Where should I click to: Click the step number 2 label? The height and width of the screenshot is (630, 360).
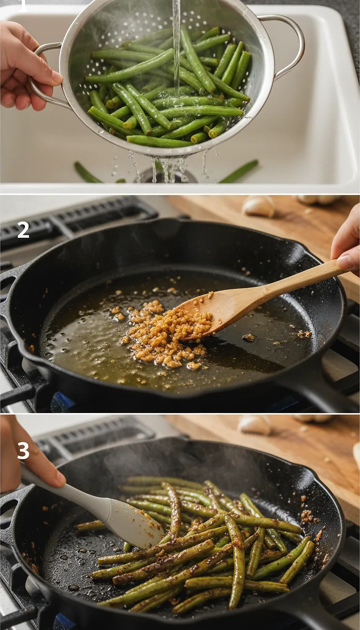pyautogui.click(x=23, y=230)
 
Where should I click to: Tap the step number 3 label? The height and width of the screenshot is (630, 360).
pyautogui.click(x=23, y=450)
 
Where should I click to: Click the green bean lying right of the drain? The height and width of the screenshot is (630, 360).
pyautogui.click(x=239, y=172)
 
